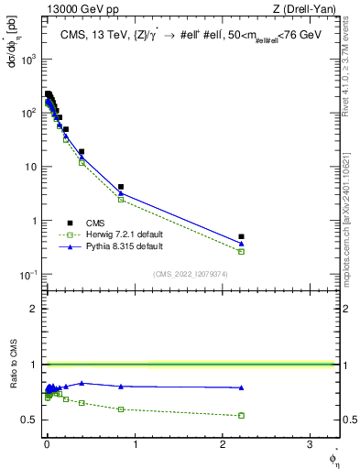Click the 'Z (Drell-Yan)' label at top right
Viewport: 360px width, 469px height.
[x=308, y=8]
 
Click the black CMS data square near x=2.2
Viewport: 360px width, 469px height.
[x=241, y=236]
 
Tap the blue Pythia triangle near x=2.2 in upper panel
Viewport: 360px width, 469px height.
[x=241, y=243]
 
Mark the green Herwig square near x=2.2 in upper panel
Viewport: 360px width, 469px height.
[x=241, y=251]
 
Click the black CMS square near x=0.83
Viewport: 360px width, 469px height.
[x=120, y=187]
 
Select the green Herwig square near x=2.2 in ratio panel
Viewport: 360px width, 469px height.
[x=241, y=415]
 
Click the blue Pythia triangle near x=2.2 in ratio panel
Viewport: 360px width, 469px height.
[x=241, y=387]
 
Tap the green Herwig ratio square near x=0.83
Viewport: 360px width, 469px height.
[x=120, y=409]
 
